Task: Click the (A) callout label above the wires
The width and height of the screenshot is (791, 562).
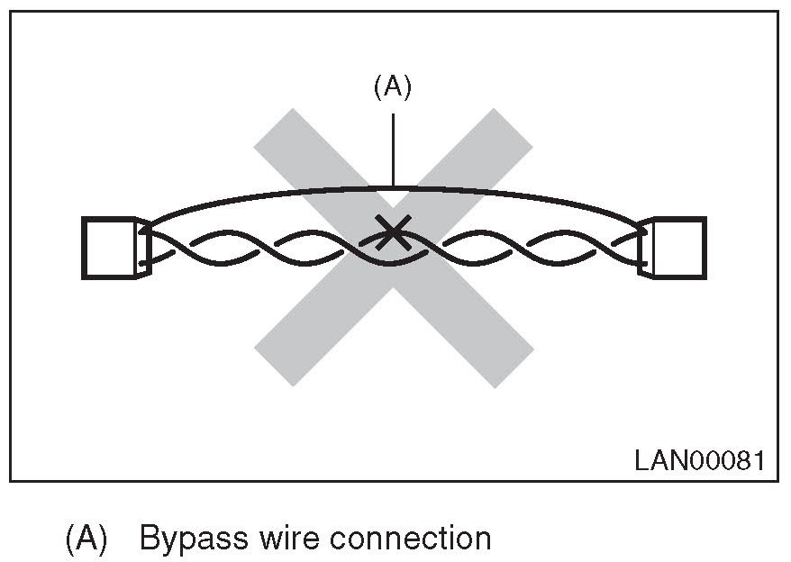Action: click(x=392, y=87)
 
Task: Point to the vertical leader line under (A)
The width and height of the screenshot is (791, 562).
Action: click(x=394, y=144)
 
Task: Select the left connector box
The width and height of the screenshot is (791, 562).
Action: click(x=108, y=248)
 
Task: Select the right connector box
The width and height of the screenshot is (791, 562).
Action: click(x=679, y=248)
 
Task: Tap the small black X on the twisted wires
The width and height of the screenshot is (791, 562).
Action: click(x=392, y=233)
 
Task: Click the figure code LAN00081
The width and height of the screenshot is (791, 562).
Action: click(x=699, y=461)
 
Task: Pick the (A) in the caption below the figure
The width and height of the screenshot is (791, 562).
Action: click(x=86, y=539)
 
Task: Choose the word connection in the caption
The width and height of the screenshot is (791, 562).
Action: click(x=411, y=539)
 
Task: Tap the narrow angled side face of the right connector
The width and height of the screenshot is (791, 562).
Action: click(x=646, y=248)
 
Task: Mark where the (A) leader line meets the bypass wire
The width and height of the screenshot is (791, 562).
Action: click(x=394, y=187)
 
